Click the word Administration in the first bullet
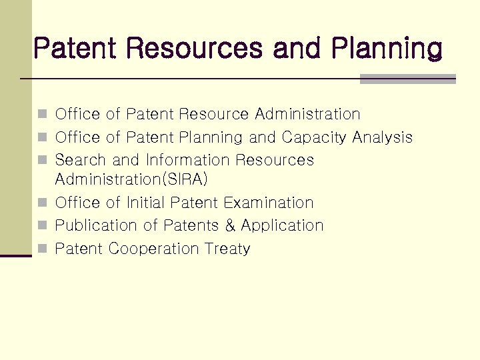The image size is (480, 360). click(x=307, y=115)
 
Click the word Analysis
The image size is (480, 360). click(x=383, y=138)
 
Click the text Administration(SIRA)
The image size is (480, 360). click(x=132, y=179)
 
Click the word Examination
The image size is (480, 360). click(x=269, y=202)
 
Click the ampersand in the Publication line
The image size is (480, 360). click(x=231, y=225)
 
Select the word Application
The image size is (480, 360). click(x=283, y=226)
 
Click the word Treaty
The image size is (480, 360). click(x=228, y=249)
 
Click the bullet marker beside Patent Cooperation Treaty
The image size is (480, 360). click(x=41, y=249)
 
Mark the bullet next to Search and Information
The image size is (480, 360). click(x=41, y=161)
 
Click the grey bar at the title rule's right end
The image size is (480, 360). click(x=407, y=79)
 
